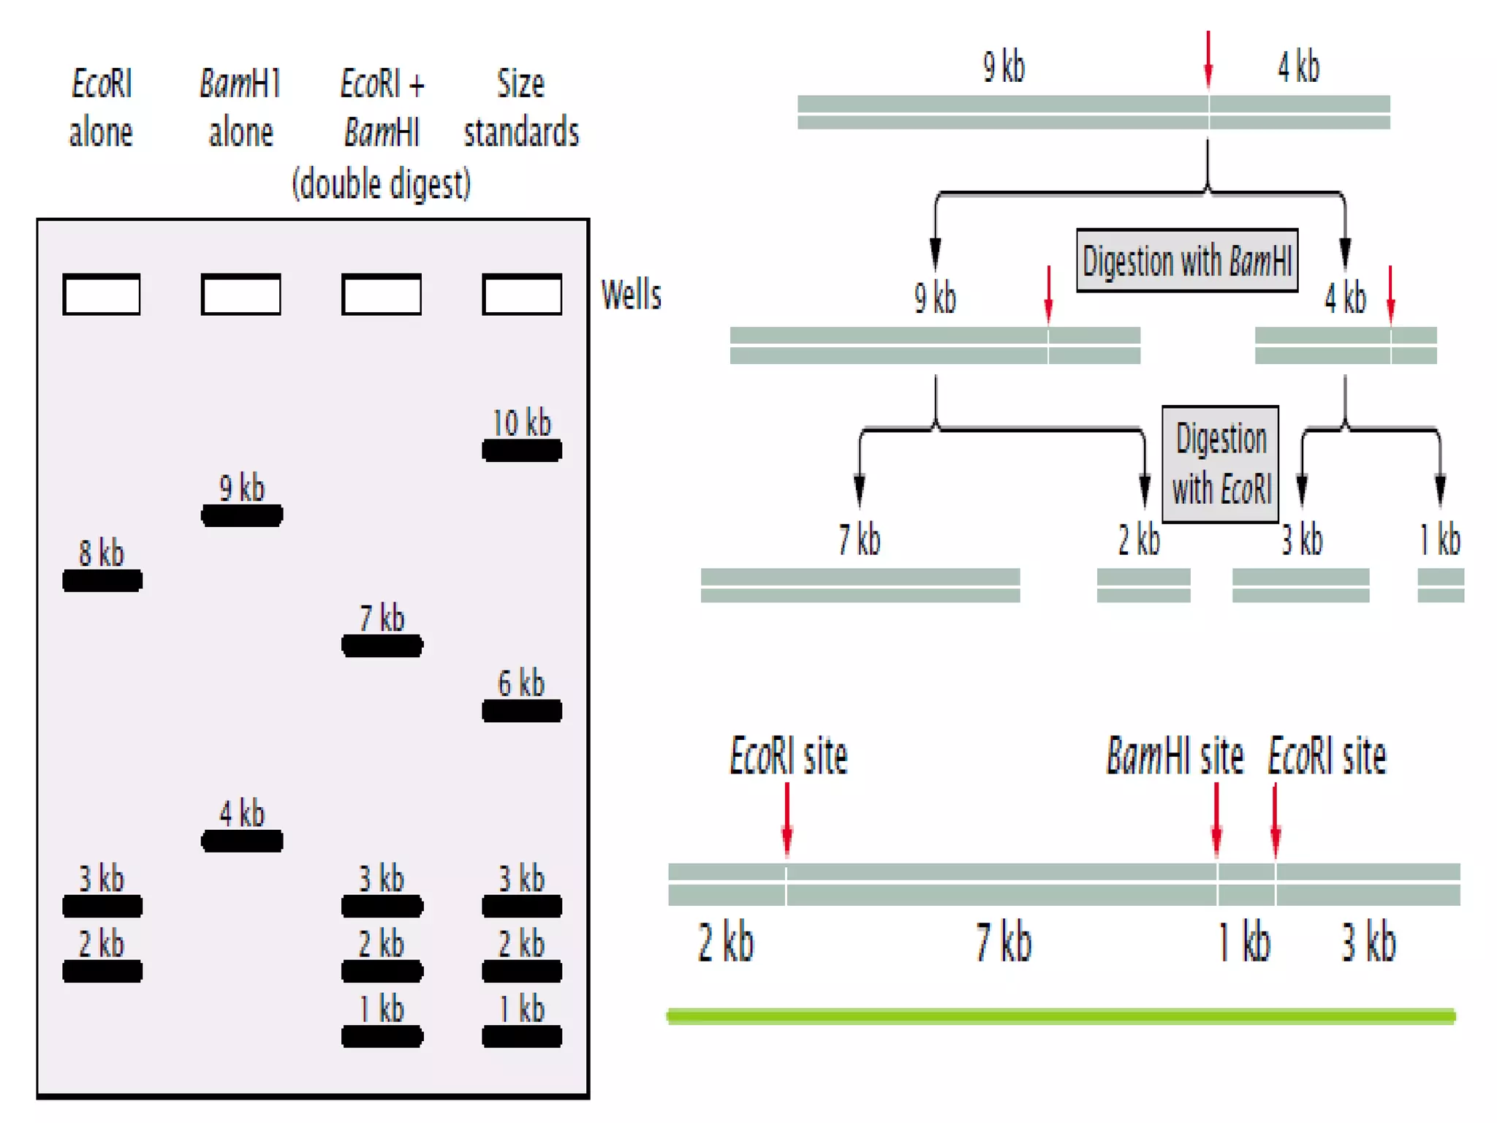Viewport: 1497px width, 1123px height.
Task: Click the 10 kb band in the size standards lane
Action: pyautogui.click(x=521, y=450)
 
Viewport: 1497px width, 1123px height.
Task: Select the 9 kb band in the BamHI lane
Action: pyautogui.click(x=242, y=515)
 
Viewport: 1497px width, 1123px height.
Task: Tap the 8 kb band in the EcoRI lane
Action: pyautogui.click(x=102, y=581)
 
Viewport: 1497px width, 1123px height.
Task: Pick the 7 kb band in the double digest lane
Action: pyautogui.click(x=382, y=646)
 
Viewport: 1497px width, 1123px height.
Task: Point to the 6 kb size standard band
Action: pyautogui.click(x=521, y=711)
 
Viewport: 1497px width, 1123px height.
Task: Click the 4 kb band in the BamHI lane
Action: pyautogui.click(x=242, y=841)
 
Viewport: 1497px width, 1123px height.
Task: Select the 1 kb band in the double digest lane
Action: pyautogui.click(x=382, y=1036)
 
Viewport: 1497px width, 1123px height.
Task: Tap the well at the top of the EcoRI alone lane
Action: pyautogui.click(x=102, y=294)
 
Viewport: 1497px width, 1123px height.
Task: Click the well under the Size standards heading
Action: pyautogui.click(x=522, y=294)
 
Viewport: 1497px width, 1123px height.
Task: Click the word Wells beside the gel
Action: pyautogui.click(x=631, y=295)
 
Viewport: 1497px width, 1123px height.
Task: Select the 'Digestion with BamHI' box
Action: pyautogui.click(x=1187, y=261)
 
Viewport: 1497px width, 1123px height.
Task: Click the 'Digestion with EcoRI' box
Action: pyautogui.click(x=1221, y=464)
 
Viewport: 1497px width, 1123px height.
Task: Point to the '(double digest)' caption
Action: pyautogui.click(x=381, y=184)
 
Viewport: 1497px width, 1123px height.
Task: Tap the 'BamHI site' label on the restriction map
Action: pyautogui.click(x=1174, y=756)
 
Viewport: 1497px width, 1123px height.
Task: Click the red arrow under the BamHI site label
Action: pyautogui.click(x=1216, y=819)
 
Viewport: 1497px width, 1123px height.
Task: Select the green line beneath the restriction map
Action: pyautogui.click(x=1061, y=1016)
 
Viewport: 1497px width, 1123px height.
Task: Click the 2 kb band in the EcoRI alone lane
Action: pyautogui.click(x=102, y=971)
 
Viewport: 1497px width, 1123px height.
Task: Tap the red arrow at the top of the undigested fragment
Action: pyautogui.click(x=1208, y=58)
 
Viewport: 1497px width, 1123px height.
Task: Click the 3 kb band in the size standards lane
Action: pyautogui.click(x=521, y=906)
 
